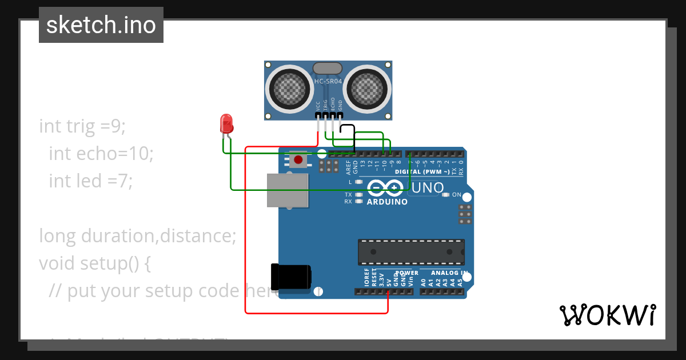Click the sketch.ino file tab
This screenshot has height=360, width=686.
coord(101,25)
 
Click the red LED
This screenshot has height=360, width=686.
coord(226,123)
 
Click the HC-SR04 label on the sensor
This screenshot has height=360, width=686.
coord(328,82)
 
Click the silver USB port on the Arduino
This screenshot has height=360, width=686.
coord(288,190)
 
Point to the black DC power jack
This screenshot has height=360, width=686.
coord(291,277)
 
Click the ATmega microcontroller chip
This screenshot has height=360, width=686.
coord(411,252)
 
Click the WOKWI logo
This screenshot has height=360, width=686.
coord(607,315)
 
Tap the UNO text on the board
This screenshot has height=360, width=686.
coord(428,188)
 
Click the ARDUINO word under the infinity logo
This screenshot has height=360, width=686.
coord(387,202)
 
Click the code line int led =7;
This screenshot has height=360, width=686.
coord(90,181)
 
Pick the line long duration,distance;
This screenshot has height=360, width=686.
coord(137,235)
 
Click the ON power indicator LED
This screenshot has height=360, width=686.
coord(446,195)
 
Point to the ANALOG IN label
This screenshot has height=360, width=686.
coord(449,273)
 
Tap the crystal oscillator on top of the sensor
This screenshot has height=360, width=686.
coord(328,69)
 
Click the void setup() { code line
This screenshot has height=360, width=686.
coord(94,263)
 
